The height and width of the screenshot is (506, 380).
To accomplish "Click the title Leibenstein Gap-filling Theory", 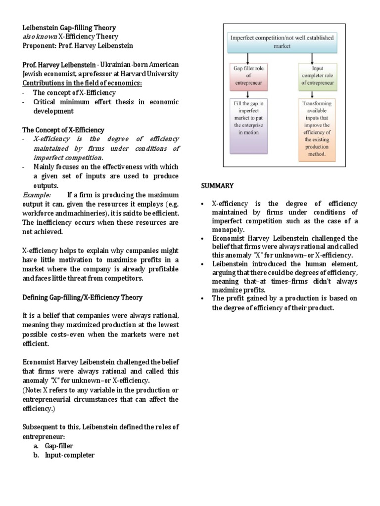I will [x=69, y=28].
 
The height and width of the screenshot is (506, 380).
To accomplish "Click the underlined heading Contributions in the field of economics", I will [x=82, y=83].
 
